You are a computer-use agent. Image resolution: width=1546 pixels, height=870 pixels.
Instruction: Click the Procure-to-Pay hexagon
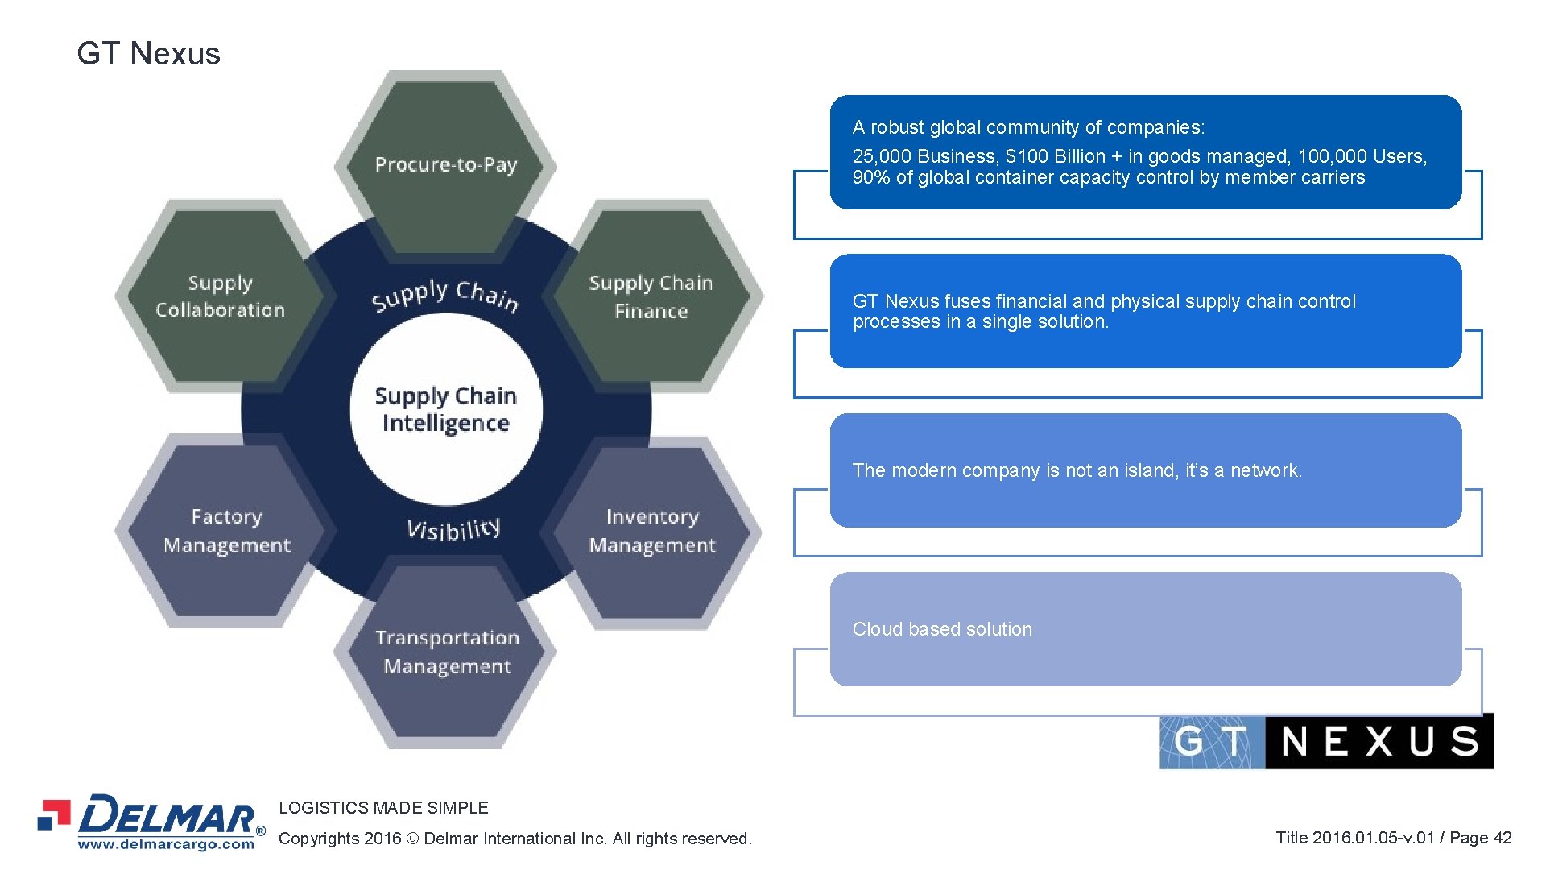tap(445, 164)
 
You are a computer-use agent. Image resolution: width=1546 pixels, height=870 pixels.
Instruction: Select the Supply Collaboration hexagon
tap(220, 296)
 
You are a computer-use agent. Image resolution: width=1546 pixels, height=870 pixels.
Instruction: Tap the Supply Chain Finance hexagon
tap(651, 296)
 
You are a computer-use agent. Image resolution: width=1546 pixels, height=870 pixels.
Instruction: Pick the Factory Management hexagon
tap(226, 530)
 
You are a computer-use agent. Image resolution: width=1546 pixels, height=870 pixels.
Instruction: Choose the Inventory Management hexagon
tap(651, 530)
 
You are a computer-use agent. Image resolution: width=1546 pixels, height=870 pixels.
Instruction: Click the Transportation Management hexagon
tap(447, 652)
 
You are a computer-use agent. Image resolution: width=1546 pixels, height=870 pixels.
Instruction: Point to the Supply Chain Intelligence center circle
tap(445, 409)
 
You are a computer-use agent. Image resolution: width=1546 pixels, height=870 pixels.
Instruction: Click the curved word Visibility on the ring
tap(453, 528)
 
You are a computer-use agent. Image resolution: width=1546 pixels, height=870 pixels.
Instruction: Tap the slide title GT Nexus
tap(148, 54)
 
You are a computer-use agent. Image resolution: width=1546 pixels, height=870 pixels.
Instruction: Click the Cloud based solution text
tap(942, 629)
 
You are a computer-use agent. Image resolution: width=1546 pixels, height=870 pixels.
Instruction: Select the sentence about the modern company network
tap(1077, 470)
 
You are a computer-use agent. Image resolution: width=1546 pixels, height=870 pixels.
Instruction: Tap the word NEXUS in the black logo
tap(1379, 741)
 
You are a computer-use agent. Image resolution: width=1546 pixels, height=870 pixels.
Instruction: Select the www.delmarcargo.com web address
tap(166, 844)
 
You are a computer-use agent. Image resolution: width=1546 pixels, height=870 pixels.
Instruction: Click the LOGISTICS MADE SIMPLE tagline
tap(383, 807)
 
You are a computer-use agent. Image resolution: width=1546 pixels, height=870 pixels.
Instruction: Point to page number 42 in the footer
tap(1502, 838)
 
